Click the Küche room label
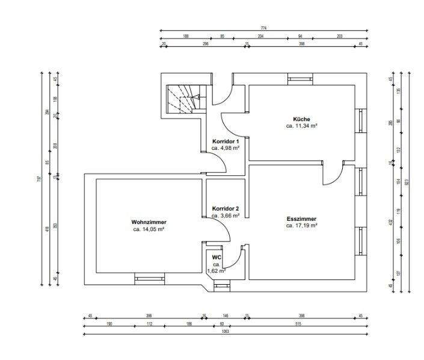(x=302, y=119)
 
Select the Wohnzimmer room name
(x=149, y=222)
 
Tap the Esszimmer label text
(x=301, y=219)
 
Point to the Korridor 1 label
(x=226, y=141)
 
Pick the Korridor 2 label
(x=226, y=208)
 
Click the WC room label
(x=216, y=257)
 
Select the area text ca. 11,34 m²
(x=302, y=126)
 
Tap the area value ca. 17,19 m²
(x=301, y=226)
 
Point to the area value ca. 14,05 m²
(x=149, y=229)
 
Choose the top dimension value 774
(x=263, y=28)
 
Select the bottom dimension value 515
(x=298, y=323)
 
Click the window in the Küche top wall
(x=300, y=78)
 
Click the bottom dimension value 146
(x=226, y=315)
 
